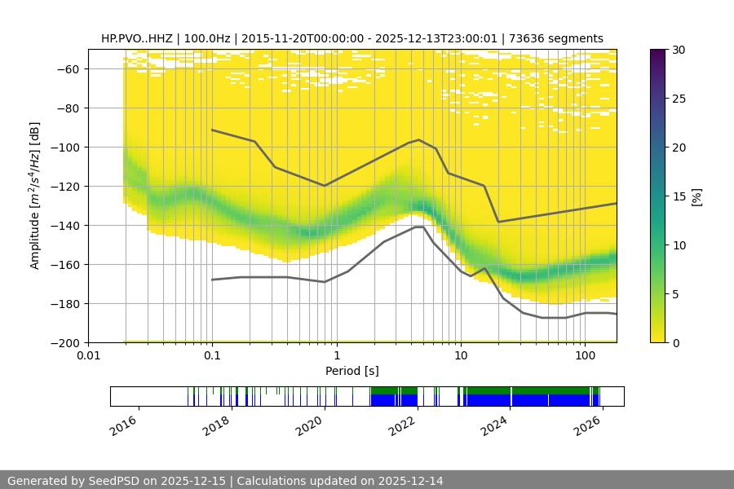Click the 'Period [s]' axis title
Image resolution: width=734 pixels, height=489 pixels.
pyautogui.click(x=352, y=372)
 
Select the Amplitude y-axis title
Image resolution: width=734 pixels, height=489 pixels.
pyautogui.click(x=34, y=196)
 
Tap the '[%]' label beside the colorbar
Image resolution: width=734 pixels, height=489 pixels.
pyautogui.click(x=696, y=196)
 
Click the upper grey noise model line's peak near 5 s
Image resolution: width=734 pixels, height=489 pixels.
pyautogui.click(x=419, y=140)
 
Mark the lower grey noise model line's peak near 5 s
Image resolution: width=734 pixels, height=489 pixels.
pyautogui.click(x=419, y=227)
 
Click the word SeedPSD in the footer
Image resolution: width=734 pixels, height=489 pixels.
pyautogui.click(x=112, y=481)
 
